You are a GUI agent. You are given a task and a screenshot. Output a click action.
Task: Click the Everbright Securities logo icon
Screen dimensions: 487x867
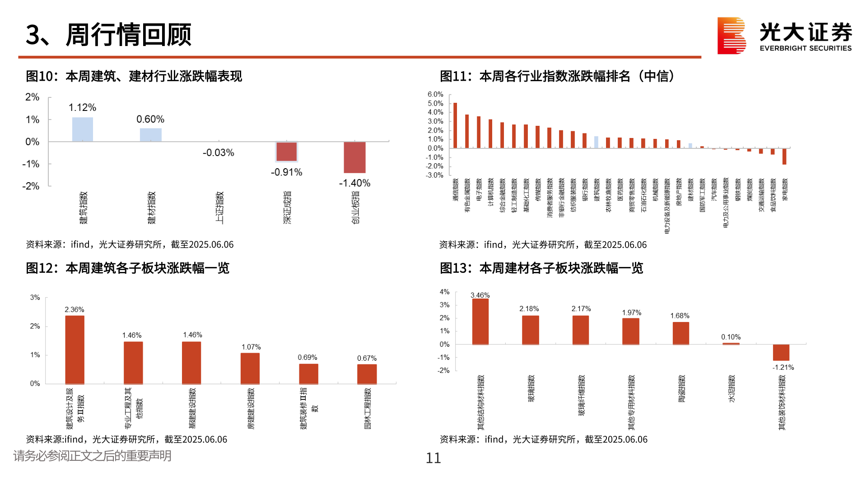pyautogui.click(x=731, y=36)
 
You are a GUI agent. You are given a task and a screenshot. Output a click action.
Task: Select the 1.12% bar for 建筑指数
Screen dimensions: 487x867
pyautogui.click(x=83, y=129)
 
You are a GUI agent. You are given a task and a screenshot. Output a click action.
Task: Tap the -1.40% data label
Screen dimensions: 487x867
pyautogui.click(x=354, y=183)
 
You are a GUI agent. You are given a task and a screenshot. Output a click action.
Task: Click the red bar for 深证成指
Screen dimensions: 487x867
pyautogui.click(x=287, y=152)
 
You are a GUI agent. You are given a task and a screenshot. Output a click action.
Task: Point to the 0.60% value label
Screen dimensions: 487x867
pyautogui.click(x=150, y=119)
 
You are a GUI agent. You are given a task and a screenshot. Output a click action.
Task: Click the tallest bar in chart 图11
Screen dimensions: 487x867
pyautogui.click(x=455, y=125)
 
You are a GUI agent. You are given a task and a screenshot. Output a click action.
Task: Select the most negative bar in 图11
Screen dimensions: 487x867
pyautogui.click(x=784, y=156)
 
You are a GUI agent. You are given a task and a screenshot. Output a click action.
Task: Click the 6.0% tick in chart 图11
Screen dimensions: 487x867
pyautogui.click(x=435, y=94)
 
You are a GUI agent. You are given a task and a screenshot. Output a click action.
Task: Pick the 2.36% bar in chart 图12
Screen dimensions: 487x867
pyautogui.click(x=75, y=349)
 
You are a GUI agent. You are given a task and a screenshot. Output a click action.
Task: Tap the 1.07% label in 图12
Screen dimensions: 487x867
pyautogui.click(x=251, y=347)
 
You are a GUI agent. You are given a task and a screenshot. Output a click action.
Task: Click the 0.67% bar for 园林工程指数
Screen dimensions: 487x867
pyautogui.click(x=367, y=374)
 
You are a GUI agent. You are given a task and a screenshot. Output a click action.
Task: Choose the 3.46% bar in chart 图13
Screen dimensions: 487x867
pyautogui.click(x=480, y=322)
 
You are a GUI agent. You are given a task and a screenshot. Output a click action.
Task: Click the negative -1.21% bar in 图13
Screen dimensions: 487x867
pyautogui.click(x=781, y=352)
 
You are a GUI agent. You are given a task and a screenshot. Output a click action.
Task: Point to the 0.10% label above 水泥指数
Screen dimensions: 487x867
pyautogui.click(x=731, y=337)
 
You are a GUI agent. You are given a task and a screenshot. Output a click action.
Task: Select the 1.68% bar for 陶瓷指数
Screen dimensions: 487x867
pyautogui.click(x=681, y=333)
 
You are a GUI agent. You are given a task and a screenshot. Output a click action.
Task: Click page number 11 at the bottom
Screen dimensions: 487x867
pyautogui.click(x=433, y=458)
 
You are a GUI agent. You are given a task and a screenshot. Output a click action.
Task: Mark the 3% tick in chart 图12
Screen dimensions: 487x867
pyautogui.click(x=35, y=298)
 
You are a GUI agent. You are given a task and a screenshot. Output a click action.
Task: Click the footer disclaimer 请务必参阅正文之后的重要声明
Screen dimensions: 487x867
pyautogui.click(x=93, y=456)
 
